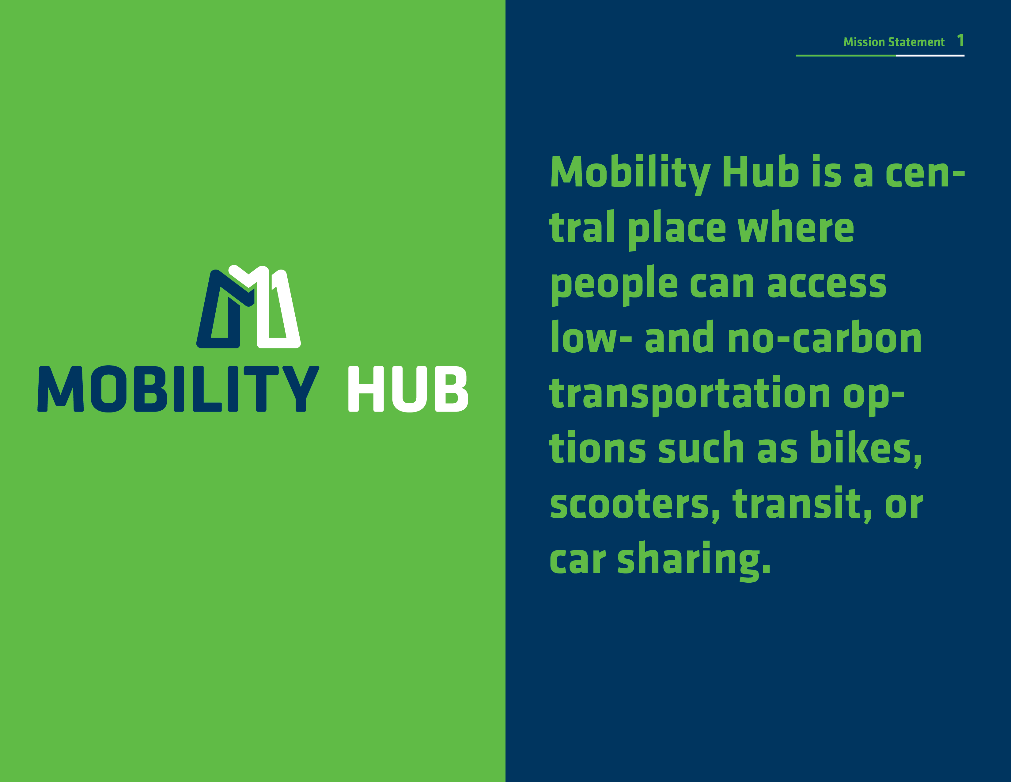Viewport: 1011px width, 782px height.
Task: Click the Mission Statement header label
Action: (894, 42)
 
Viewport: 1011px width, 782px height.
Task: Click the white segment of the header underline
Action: (930, 56)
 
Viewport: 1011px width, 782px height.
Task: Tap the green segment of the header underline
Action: (846, 56)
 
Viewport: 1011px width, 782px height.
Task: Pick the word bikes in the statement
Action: (866, 448)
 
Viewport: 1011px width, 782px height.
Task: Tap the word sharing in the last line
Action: (694, 560)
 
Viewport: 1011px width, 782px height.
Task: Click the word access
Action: (827, 284)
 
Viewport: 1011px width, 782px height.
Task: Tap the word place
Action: (677, 229)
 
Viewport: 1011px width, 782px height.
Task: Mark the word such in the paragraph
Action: (701, 448)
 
